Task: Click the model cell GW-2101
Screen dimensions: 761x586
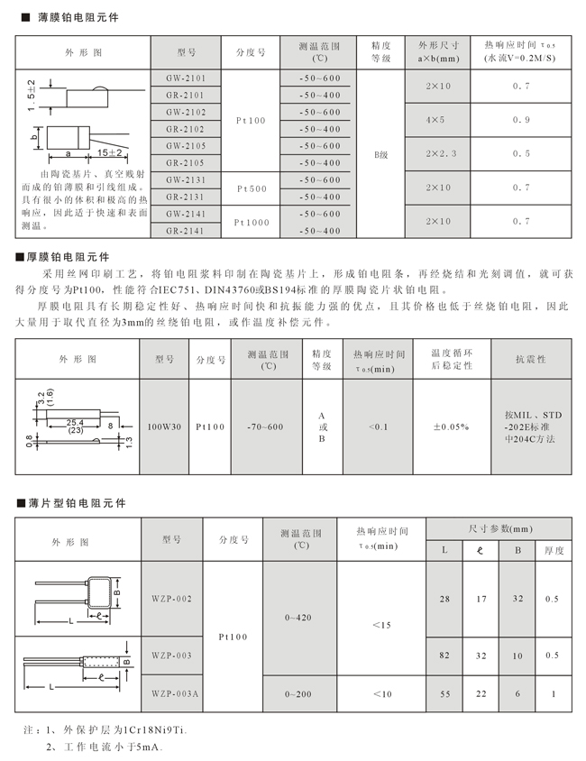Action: [186, 78]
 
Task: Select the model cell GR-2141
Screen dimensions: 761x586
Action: [186, 231]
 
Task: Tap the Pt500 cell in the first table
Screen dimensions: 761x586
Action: [252, 188]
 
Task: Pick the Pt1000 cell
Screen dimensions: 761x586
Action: [252, 222]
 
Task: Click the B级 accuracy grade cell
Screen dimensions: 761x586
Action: [380, 154]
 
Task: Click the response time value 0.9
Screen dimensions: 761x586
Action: [521, 120]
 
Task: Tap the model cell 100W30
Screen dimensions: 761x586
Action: [163, 426]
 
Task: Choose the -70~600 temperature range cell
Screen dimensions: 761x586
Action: [266, 426]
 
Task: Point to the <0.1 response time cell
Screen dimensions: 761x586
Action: [379, 426]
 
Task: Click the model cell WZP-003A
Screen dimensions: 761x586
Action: [175, 693]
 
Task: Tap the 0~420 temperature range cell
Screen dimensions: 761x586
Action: [299, 619]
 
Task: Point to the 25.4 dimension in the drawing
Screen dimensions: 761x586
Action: [76, 421]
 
